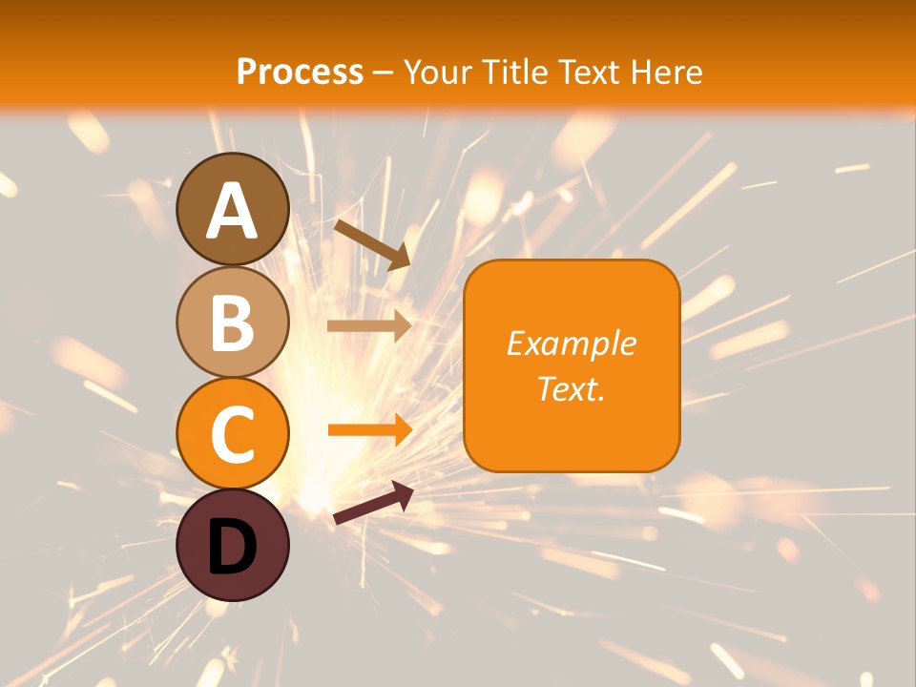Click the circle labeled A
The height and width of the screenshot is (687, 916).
tap(233, 209)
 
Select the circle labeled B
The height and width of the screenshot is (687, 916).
tap(233, 322)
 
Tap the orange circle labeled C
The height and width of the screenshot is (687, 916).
tap(233, 433)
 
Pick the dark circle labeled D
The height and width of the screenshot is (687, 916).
tap(233, 545)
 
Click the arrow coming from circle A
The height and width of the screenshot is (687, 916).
tap(372, 242)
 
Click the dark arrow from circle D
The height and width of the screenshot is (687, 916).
tap(373, 504)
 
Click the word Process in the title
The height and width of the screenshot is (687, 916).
tap(300, 72)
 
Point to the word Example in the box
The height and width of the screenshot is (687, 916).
tap(571, 343)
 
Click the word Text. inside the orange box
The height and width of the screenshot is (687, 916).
tap(571, 388)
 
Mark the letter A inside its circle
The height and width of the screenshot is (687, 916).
tap(233, 211)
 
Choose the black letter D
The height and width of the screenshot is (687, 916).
tap(233, 547)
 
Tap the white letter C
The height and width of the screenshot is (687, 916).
tap(233, 435)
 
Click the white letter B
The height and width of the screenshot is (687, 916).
tap(233, 323)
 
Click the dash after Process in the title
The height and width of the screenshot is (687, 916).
tap(384, 73)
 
